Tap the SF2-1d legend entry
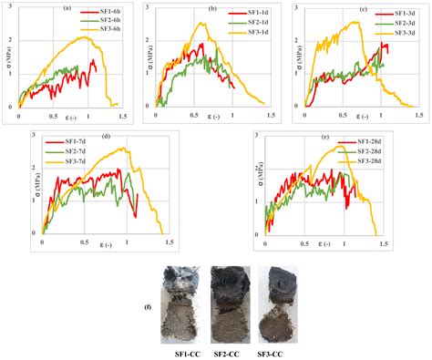click(253, 23)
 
